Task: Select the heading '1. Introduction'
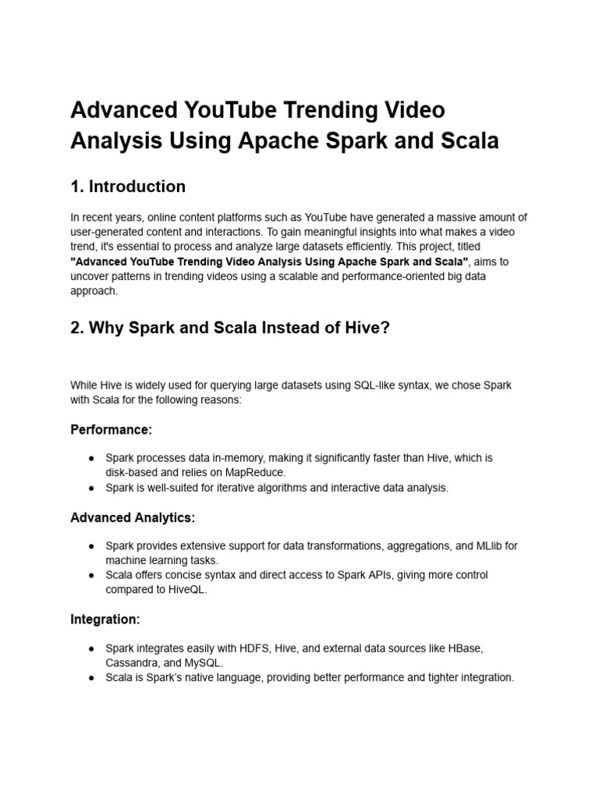pyautogui.click(x=128, y=186)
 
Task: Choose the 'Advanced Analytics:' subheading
pyautogui.click(x=133, y=517)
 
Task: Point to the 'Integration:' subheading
pyautogui.click(x=105, y=620)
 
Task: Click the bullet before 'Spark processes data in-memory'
pyautogui.click(x=91, y=458)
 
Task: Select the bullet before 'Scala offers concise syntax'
pyautogui.click(x=91, y=575)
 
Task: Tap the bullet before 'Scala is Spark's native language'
pyautogui.click(x=91, y=678)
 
